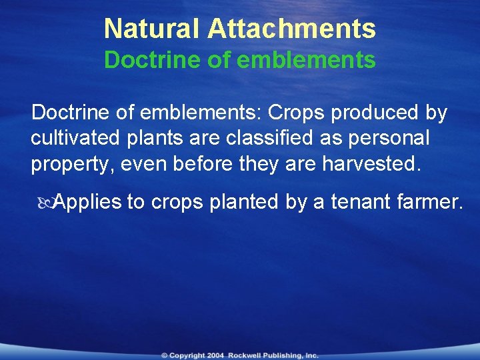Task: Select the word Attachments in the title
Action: click(x=291, y=29)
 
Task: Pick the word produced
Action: click(x=375, y=113)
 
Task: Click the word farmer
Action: click(x=431, y=201)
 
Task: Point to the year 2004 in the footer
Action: click(x=215, y=355)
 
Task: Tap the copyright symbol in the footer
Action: click(x=164, y=355)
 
